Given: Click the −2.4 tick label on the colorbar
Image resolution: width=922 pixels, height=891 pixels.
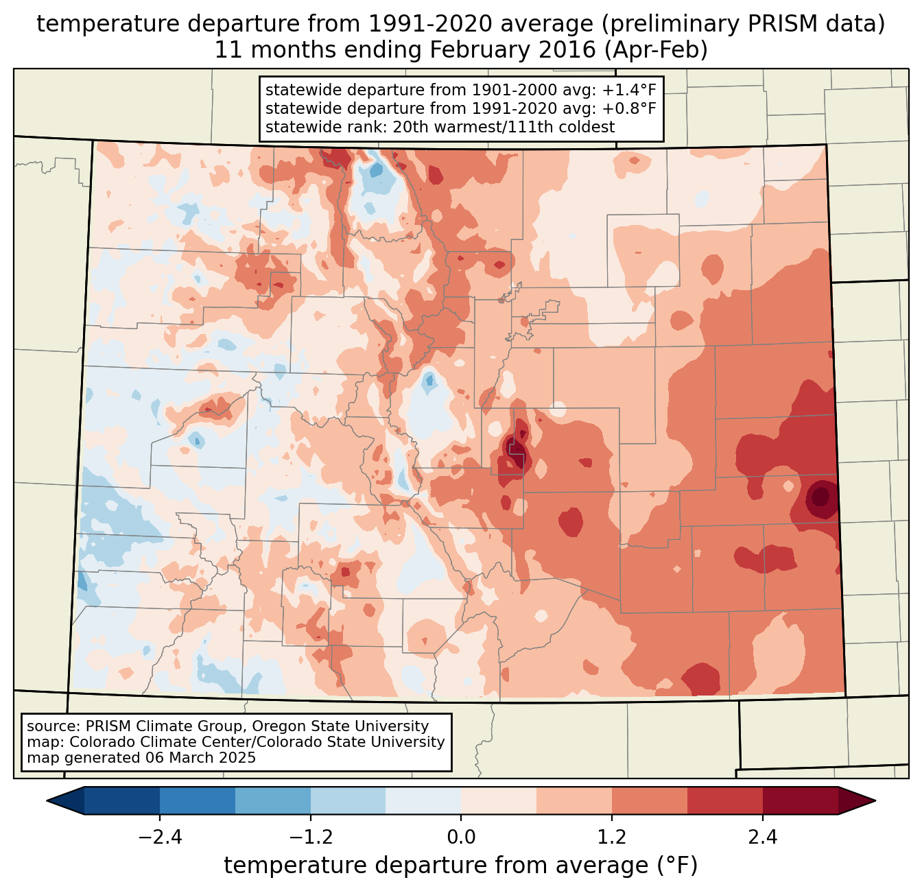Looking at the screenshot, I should tap(159, 837).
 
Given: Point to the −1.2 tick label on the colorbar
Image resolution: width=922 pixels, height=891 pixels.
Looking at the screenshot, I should tap(310, 837).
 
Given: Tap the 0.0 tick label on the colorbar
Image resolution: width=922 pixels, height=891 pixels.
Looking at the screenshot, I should tap(461, 837).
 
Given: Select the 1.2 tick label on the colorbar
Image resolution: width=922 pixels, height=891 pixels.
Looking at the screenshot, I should tap(612, 837).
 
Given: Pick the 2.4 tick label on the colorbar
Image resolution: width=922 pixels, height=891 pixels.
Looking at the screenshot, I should tap(763, 837).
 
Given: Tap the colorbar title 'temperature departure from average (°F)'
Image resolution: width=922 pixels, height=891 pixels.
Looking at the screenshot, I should tap(461, 866).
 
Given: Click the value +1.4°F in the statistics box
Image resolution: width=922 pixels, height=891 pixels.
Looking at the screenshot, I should tap(629, 91).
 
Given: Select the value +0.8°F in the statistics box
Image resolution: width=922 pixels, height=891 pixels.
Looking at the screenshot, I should tap(629, 108).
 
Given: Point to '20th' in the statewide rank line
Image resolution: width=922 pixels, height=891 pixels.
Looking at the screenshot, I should tap(410, 127).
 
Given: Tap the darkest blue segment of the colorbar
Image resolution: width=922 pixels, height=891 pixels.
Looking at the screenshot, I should tap(122, 800).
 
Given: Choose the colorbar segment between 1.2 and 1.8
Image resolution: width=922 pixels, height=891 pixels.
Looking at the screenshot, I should tap(650, 800).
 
